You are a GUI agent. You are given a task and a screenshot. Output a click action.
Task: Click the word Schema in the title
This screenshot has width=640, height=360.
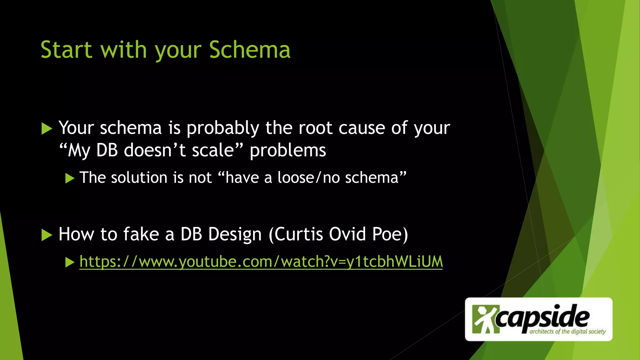(x=250, y=50)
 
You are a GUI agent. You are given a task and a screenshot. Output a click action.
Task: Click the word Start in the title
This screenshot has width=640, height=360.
(x=66, y=50)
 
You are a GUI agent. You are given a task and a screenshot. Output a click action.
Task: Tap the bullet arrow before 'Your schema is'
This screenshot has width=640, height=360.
(x=47, y=128)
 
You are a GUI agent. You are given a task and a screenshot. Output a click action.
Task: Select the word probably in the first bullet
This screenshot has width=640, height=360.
(x=223, y=128)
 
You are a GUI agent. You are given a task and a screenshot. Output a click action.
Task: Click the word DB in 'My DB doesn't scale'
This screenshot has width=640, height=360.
(x=107, y=150)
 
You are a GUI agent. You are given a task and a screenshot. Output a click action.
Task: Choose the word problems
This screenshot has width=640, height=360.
(x=288, y=151)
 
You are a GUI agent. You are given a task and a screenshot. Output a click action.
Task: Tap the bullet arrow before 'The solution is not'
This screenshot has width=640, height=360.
(x=70, y=178)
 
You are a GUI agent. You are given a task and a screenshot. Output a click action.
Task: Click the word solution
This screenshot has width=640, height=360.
(x=139, y=178)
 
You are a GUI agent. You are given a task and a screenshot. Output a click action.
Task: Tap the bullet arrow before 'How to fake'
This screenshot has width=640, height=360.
(x=47, y=235)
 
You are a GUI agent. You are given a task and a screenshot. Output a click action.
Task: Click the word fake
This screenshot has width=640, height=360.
(x=141, y=234)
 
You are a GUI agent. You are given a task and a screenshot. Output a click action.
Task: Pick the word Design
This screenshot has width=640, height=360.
(x=235, y=234)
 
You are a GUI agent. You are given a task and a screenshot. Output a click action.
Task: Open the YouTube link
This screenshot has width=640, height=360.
(x=261, y=262)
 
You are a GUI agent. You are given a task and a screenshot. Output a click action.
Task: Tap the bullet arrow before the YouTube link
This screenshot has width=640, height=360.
(x=70, y=262)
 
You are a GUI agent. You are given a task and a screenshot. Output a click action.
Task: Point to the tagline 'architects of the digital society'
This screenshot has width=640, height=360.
(x=567, y=332)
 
